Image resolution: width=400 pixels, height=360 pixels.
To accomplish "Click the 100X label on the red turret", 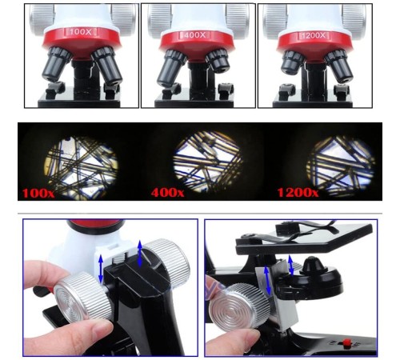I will click(x=80, y=31).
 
